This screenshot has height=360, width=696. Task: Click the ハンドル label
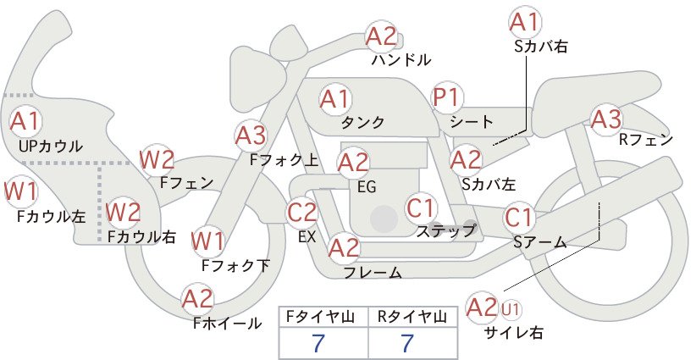pyautogui.click(x=401, y=60)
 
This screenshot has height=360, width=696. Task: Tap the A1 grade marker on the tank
pyautogui.click(x=335, y=99)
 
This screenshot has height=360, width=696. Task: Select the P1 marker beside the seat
pyautogui.click(x=447, y=97)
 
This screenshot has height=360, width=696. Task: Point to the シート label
pyautogui.click(x=472, y=122)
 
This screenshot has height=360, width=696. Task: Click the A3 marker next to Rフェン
pyautogui.click(x=606, y=119)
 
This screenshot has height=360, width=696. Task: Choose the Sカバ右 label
pyautogui.click(x=541, y=47)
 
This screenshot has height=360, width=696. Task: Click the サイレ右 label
pyautogui.click(x=514, y=333)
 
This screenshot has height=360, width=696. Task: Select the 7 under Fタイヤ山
pyautogui.click(x=318, y=342)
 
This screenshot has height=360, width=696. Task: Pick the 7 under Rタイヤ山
pyautogui.click(x=407, y=342)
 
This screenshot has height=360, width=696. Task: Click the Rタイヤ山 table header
pyautogui.click(x=412, y=317)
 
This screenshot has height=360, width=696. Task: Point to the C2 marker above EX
pyautogui.click(x=302, y=212)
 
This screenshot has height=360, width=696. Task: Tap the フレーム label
pyautogui.click(x=373, y=273)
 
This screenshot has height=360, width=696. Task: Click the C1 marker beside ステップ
pyautogui.click(x=420, y=208)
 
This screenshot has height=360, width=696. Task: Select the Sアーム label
pyautogui.click(x=540, y=242)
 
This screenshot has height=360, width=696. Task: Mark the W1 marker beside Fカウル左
pyautogui.click(x=20, y=191)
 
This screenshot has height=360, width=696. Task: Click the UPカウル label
pyautogui.click(x=51, y=146)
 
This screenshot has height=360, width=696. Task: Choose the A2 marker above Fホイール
pyautogui.click(x=197, y=299)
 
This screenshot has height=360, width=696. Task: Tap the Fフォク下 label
pyautogui.click(x=235, y=265)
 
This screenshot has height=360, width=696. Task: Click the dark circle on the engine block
pyautogui.click(x=384, y=219)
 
